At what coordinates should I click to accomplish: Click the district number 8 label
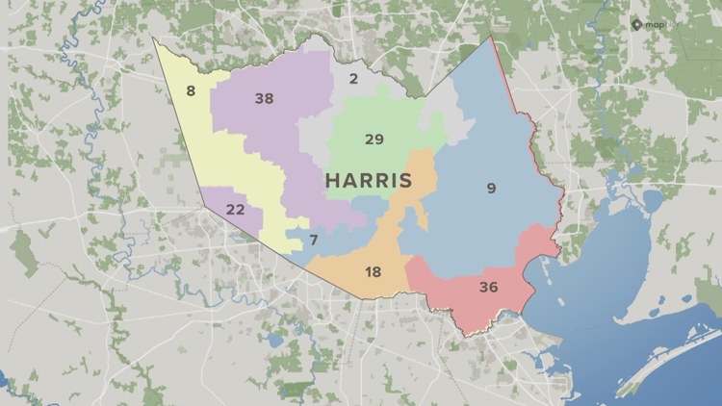coord(191,91)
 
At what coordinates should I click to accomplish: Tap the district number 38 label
coord(264,98)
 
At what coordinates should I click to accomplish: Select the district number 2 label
coord(353,79)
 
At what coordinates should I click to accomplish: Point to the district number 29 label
coord(374,140)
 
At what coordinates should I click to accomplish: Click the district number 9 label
coord(491,189)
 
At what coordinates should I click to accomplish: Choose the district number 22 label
coord(235,210)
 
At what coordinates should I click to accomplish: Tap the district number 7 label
coord(314,239)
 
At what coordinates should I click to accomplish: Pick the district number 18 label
coord(373,272)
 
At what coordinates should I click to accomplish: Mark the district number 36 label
coord(488,287)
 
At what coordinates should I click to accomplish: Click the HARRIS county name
coord(368,180)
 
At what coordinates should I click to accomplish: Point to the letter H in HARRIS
coord(331,180)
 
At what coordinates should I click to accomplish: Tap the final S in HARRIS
coord(405,180)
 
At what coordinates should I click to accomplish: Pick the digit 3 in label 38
coord(259,98)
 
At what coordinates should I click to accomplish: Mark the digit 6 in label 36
coord(494,287)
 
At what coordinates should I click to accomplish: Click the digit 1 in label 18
coord(367,272)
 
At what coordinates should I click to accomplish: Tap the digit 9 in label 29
coord(379,140)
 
